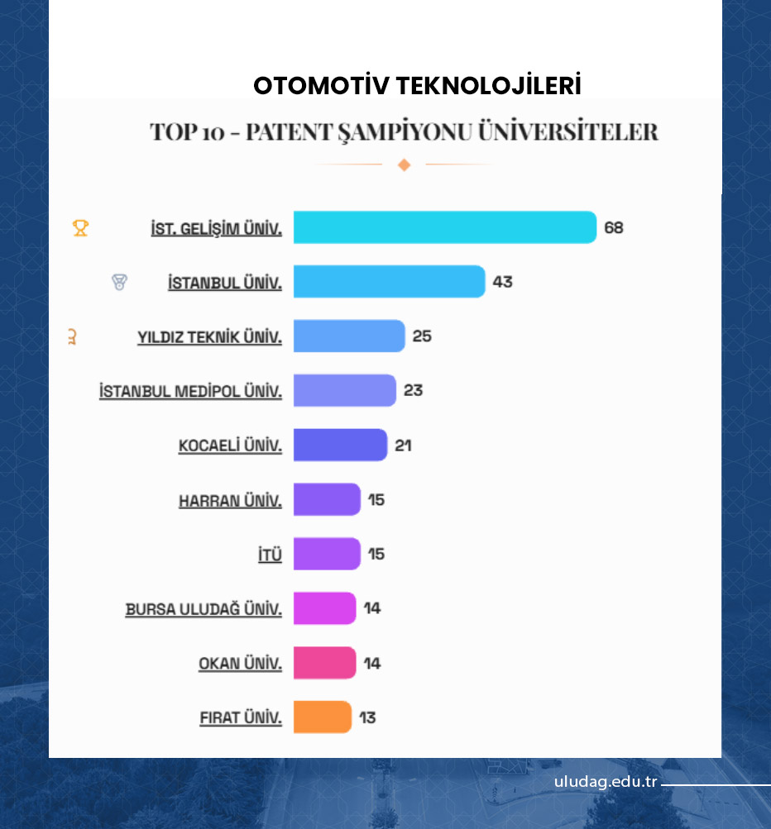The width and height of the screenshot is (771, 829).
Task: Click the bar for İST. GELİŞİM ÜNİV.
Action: (444, 227)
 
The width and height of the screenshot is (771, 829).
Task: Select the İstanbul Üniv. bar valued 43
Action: (389, 282)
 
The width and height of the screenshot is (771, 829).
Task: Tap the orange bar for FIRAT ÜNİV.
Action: (323, 717)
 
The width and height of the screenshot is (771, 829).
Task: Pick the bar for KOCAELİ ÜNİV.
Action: (340, 445)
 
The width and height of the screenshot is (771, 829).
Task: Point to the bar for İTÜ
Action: (327, 554)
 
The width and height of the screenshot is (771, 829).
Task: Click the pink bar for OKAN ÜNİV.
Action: (324, 663)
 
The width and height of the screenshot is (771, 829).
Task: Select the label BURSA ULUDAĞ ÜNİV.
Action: (204, 609)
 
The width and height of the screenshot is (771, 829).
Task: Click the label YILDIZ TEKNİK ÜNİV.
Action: (209, 337)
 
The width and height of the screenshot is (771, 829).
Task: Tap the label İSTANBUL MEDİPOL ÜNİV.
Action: (190, 391)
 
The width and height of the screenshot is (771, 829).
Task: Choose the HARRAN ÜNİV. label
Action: (230, 500)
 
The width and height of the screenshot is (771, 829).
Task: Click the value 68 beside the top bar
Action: (613, 227)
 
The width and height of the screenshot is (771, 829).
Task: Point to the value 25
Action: (422, 336)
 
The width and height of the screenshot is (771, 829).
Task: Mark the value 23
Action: (413, 390)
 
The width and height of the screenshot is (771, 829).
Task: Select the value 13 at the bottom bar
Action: (367, 717)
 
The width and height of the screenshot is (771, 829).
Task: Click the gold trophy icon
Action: (80, 227)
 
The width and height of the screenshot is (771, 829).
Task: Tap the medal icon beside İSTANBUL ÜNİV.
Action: (120, 283)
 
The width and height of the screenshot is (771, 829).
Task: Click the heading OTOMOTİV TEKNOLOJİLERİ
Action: (417, 85)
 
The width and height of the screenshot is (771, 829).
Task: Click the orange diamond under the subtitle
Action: (404, 164)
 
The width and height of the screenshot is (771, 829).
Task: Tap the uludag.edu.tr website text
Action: (606, 782)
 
